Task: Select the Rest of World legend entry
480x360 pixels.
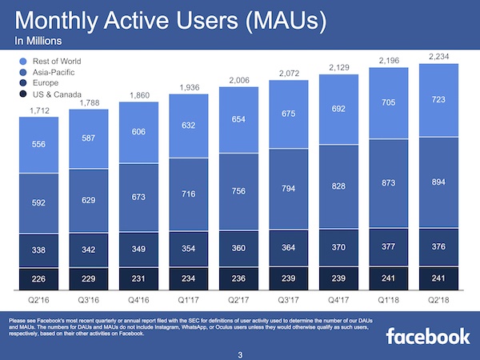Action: tap(52, 62)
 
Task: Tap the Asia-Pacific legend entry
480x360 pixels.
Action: tap(48, 74)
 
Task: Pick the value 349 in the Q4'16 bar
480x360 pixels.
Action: tap(141, 250)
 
